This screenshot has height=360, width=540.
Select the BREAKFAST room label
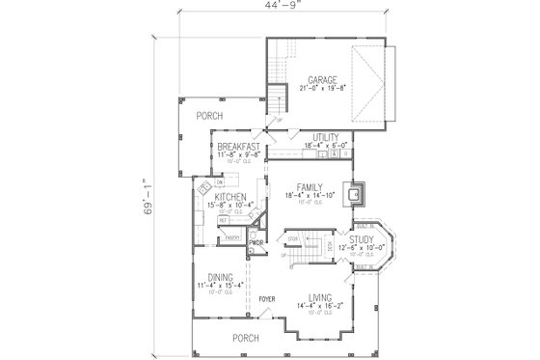(238, 146)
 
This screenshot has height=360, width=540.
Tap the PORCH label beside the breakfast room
(209, 115)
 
